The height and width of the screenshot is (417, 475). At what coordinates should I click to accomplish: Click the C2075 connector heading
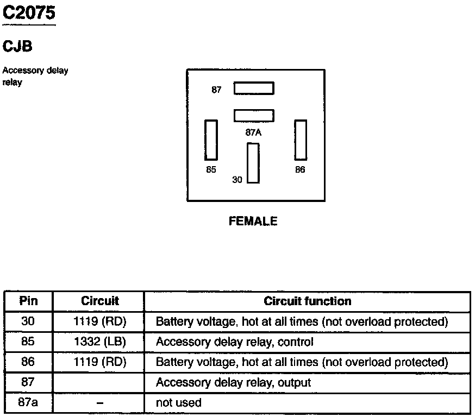pos(29,12)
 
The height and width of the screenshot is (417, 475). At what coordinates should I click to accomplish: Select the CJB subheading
pos(17,47)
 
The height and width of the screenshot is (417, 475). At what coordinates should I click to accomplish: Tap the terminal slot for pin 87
pos(254,89)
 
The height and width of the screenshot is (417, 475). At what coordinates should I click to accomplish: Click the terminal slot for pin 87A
pos(254,116)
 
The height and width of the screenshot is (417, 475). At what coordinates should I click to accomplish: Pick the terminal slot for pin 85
pos(211,140)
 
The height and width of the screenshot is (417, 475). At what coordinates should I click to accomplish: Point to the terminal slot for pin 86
pos(301,140)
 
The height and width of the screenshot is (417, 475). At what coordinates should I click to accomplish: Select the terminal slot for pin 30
pos(253,163)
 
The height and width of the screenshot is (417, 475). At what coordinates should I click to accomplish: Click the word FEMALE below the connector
pos(253,222)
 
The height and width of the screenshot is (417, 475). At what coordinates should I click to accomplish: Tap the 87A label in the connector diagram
pos(254,131)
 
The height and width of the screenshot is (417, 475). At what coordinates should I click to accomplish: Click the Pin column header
pos(28,301)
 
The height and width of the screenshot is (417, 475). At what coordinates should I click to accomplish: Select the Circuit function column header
pos(308,301)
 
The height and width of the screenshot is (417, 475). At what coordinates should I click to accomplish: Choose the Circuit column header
pos(99,301)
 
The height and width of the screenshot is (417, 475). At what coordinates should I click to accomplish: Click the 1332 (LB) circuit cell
pos(99,342)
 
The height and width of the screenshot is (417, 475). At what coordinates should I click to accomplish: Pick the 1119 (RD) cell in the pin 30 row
pos(99,321)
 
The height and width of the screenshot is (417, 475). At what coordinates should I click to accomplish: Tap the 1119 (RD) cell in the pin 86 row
pos(99,362)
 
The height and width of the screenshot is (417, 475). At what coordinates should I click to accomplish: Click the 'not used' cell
pos(178,403)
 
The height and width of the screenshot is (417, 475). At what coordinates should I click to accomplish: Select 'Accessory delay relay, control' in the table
pos(235,342)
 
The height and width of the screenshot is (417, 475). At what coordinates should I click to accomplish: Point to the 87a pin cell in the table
pos(28,403)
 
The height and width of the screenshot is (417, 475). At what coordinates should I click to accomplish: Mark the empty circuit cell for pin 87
pos(99,383)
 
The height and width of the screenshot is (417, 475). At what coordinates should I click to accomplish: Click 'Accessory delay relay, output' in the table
pos(233,383)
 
